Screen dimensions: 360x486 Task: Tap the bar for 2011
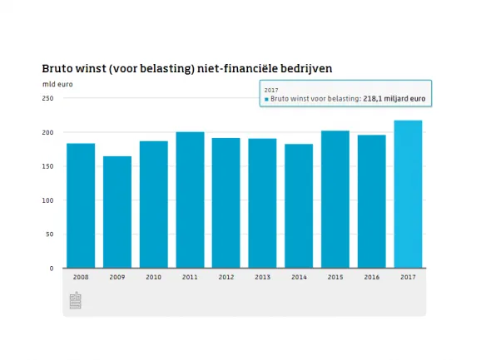(190, 200)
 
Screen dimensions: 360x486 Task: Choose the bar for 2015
(335, 199)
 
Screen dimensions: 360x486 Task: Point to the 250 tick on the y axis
(47, 98)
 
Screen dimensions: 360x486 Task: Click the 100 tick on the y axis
(47, 200)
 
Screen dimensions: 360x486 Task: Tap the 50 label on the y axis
(49, 234)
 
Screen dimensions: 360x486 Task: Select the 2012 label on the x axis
(226, 278)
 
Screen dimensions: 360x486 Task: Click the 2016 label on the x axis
(371, 278)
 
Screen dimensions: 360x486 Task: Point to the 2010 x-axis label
(154, 278)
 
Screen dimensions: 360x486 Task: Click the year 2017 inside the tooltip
(271, 89)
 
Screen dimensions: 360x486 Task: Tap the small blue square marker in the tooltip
(266, 99)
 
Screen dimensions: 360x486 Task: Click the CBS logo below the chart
(76, 301)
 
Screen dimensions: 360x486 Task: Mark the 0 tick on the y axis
(51, 269)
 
